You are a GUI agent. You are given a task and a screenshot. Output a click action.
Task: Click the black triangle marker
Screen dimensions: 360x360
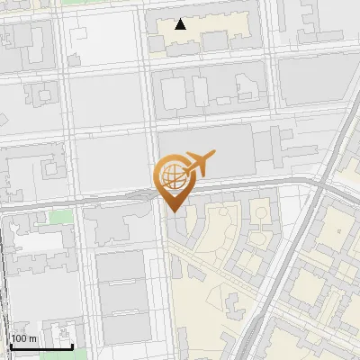click(181, 24)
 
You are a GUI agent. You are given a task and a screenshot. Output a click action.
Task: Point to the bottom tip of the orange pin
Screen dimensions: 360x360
click(173, 211)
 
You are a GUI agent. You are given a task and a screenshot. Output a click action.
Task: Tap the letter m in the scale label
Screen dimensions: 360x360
click(32, 338)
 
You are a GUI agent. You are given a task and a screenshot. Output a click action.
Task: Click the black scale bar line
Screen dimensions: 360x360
click(40, 346)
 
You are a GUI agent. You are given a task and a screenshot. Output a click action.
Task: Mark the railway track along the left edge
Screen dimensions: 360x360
click(4, 297)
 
